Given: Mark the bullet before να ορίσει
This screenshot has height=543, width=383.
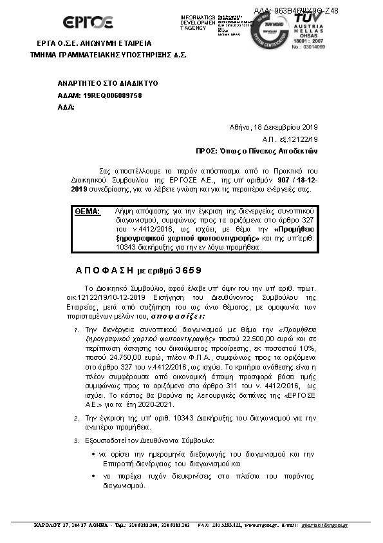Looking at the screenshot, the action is click(94, 455).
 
